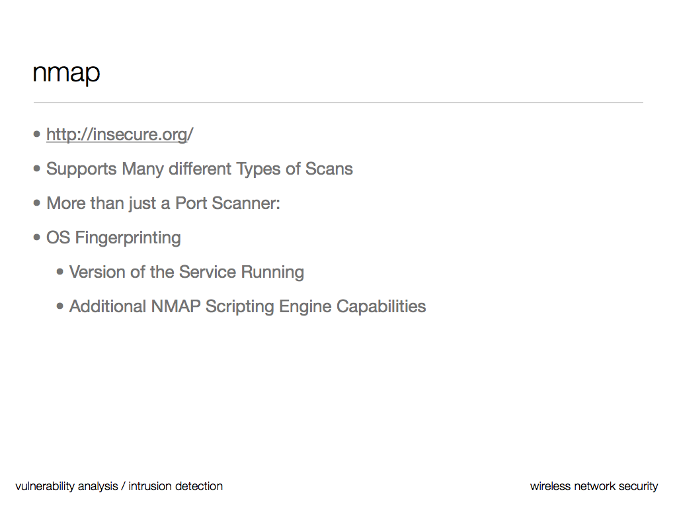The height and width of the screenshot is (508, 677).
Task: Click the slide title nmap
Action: point(67,73)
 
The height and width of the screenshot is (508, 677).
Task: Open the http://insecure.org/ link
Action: point(120,134)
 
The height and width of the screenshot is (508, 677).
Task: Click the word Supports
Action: point(81,169)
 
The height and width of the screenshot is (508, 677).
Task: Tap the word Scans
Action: point(329,169)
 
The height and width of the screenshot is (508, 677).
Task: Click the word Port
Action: point(191,203)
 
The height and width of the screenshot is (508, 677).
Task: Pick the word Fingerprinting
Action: point(128,238)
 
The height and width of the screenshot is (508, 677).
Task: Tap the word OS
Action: point(58,237)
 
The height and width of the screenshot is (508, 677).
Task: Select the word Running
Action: point(272,273)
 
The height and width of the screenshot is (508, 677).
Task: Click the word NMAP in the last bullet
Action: point(176,306)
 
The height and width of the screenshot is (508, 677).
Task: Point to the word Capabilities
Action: point(381,307)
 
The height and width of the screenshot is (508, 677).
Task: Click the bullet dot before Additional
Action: point(60,306)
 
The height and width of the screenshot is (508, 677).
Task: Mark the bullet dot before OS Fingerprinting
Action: point(37,237)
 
